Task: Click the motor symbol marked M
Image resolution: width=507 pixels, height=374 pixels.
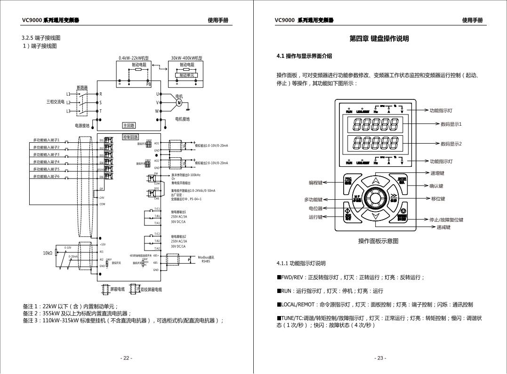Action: click(x=179, y=102)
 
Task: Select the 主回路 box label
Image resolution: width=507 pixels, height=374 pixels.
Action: click(x=129, y=126)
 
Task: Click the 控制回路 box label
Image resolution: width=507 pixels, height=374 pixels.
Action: click(x=130, y=137)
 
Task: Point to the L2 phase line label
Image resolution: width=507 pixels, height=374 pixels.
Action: click(x=68, y=102)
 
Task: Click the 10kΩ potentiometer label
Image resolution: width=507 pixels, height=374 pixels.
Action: click(x=48, y=253)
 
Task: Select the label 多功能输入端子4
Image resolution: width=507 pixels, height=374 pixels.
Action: click(x=46, y=162)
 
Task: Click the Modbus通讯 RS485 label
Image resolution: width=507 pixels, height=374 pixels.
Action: click(x=206, y=259)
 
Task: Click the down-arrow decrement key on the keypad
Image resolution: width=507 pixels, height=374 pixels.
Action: click(x=375, y=216)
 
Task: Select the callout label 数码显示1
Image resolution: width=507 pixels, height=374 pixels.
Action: click(x=451, y=124)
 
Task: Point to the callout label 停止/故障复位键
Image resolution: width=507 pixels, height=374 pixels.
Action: click(x=446, y=220)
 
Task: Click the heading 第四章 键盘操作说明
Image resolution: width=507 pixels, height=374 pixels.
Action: click(x=379, y=39)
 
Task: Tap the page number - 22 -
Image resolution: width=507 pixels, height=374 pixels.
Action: click(x=126, y=358)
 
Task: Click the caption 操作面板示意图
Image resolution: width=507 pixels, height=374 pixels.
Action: click(x=378, y=241)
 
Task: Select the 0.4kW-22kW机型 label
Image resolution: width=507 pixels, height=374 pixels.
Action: click(x=134, y=58)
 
